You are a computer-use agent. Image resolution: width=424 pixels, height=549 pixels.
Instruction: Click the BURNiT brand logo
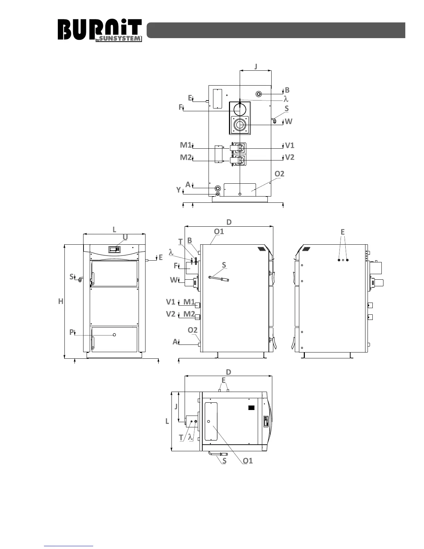pyautogui.click(x=99, y=30)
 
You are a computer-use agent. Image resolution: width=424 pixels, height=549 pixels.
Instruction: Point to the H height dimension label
pyautogui.click(x=61, y=301)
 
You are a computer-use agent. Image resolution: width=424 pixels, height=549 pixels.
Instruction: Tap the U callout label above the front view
pyautogui.click(x=125, y=237)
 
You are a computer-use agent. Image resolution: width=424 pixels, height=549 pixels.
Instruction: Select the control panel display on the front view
pyautogui.click(x=114, y=250)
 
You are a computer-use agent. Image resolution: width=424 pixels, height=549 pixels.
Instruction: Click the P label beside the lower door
pyautogui.click(x=71, y=332)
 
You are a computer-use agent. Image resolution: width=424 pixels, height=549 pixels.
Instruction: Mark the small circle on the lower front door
pyautogui.click(x=114, y=335)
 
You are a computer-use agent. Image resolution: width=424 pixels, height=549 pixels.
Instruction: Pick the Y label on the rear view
pyautogui.click(x=178, y=190)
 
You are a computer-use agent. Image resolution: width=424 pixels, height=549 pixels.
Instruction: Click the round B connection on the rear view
pyautogui.click(x=259, y=94)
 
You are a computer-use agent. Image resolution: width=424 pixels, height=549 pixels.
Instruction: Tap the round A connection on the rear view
pyautogui.click(x=218, y=188)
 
